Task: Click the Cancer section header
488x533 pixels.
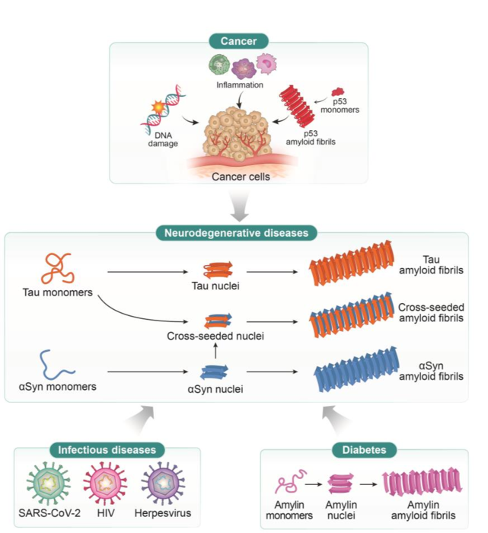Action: (x=238, y=41)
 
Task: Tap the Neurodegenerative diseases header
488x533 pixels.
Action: (x=236, y=233)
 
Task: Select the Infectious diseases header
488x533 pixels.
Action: (x=107, y=450)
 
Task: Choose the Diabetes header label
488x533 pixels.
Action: (x=364, y=450)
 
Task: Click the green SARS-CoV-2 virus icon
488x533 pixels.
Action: (x=49, y=484)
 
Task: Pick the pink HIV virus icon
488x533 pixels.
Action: (x=105, y=484)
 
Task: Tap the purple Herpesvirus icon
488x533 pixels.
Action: (x=163, y=484)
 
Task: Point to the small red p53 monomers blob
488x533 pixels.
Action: (x=337, y=92)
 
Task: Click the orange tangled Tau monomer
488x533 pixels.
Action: (x=58, y=268)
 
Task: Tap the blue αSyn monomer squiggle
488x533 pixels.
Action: (x=56, y=364)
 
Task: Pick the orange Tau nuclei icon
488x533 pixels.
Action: (x=218, y=270)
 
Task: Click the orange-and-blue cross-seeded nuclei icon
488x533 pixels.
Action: (x=218, y=321)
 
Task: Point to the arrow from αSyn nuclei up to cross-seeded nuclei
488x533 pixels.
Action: (x=215, y=351)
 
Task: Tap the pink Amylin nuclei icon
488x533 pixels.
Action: (x=340, y=484)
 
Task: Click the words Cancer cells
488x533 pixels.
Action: (x=241, y=177)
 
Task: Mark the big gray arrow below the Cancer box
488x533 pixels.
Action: (x=239, y=206)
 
